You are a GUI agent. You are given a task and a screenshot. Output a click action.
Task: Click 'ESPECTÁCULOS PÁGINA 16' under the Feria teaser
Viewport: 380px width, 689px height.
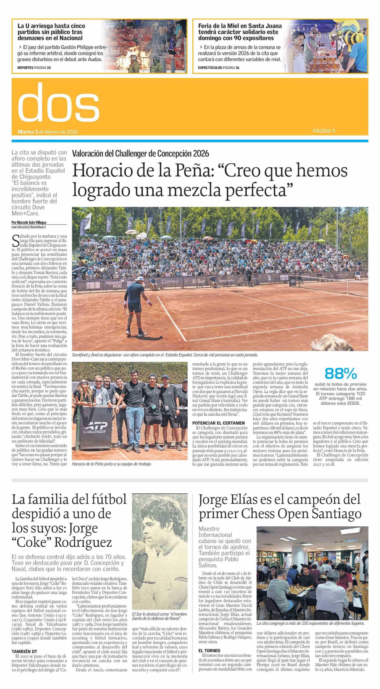(x=218, y=68)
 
